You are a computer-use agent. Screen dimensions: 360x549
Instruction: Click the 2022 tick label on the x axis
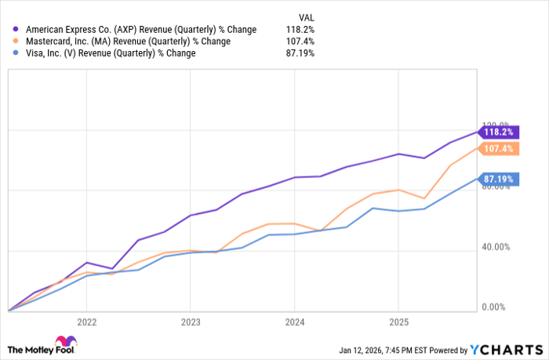(86, 322)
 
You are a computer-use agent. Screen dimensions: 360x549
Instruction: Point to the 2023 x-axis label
(190, 322)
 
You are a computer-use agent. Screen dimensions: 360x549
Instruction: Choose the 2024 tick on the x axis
(294, 322)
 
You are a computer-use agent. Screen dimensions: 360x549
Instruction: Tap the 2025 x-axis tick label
(398, 322)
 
